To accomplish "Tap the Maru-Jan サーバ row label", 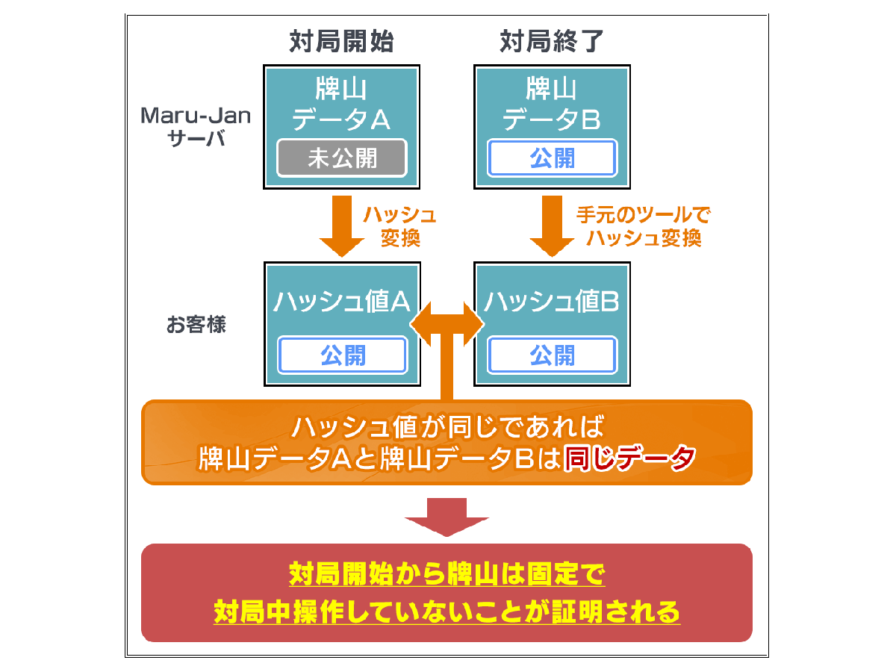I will pos(196,126).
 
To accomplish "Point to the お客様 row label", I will pos(196,326).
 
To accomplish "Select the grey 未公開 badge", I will pos(342,158).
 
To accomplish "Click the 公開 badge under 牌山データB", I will pos(553,158).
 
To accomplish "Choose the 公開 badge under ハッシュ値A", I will pos(343,355).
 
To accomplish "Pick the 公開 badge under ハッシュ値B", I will pos(553,355).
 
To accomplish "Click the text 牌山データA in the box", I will pos(341,105).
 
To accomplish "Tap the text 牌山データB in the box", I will pos(552,105).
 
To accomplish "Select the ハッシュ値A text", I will pos(341,302).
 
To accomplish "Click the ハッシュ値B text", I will pos(552,302).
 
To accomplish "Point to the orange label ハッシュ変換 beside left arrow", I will pos(399,227).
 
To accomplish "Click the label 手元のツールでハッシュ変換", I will pos(644,227).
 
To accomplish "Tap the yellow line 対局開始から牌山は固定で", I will pos(447,575).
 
